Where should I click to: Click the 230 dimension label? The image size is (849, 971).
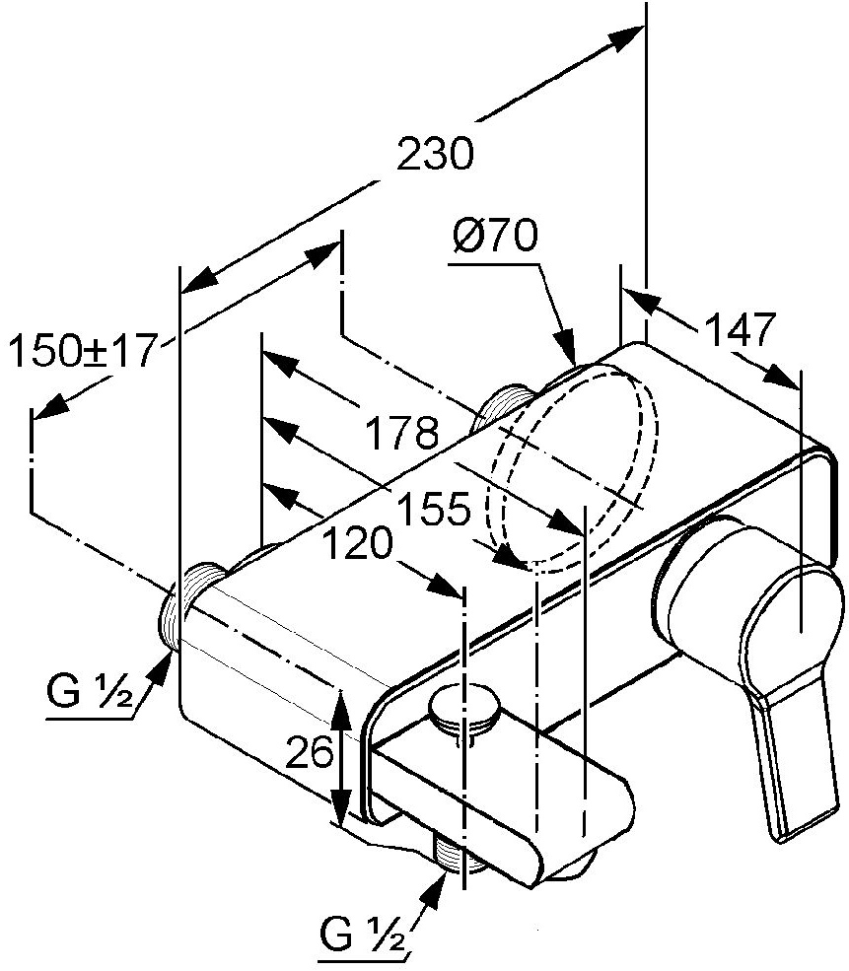(x=436, y=156)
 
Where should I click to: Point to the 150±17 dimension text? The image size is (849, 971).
(x=83, y=351)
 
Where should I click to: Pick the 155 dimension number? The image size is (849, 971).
(x=435, y=509)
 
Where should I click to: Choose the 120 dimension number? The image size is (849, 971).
(x=356, y=542)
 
